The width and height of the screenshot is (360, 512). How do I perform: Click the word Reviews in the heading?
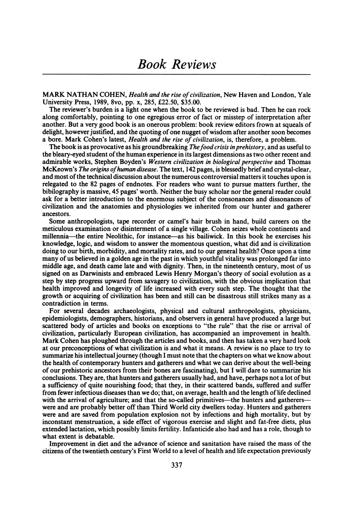(194, 64)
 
